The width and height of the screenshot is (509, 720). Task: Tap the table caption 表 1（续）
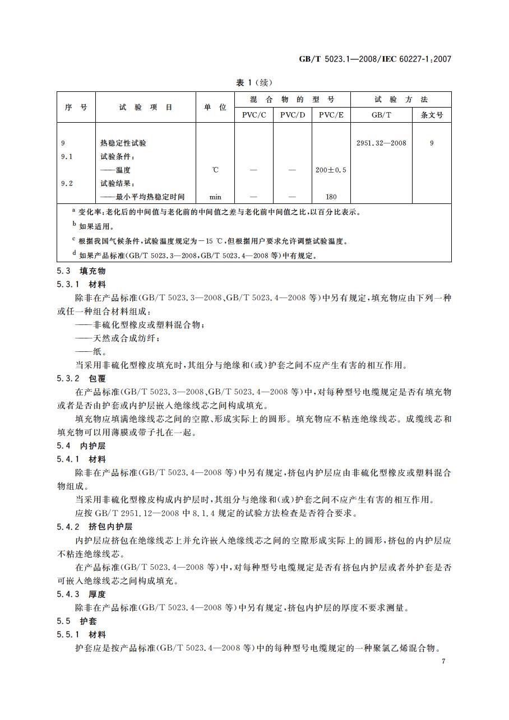pos(254,82)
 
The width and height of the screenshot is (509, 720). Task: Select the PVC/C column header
pos(254,115)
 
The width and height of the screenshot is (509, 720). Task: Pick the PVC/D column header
pos(292,115)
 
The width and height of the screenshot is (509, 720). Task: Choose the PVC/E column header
pos(331,115)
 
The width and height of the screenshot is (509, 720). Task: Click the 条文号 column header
pos(432,115)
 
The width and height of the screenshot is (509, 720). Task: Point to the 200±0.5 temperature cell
pos(331,170)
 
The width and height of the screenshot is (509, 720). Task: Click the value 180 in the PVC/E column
pos(331,197)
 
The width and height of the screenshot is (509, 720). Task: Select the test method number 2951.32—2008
pos(381,143)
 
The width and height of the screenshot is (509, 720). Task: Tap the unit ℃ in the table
pos(215,170)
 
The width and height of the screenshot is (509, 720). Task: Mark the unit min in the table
pos(215,197)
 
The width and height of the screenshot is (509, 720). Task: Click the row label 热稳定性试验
pos(123,143)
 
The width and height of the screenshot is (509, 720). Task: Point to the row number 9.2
pos(67,183)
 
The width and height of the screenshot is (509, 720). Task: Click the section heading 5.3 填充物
pos(81,271)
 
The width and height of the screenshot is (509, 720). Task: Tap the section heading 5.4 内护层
pos(81,446)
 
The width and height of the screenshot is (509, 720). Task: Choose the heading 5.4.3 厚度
pos(81,594)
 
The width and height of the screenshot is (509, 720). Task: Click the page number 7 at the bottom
pos(443,662)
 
